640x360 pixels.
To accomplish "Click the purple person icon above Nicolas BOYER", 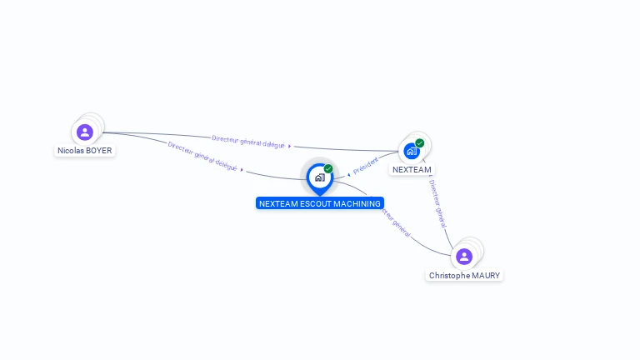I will point(84,132).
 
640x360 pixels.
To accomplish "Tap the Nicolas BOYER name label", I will point(84,151).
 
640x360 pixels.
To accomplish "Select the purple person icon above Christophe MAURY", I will point(464,256).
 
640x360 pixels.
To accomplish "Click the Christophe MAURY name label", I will point(465,275).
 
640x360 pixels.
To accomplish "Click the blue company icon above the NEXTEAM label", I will point(411,151).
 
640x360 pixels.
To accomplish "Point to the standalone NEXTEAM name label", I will point(412,169).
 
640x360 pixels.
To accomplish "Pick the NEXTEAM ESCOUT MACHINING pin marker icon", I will point(319,177).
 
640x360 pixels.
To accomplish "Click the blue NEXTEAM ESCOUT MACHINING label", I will point(320,203).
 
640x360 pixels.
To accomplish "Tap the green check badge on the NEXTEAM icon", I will point(420,143).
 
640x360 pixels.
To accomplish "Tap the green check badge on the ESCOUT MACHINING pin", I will point(328,168).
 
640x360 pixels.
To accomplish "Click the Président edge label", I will point(366,165).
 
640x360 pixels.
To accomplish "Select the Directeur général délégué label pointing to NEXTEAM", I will point(248,142).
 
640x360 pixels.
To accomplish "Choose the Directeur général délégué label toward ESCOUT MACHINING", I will point(202,157).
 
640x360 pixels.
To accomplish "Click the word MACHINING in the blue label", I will point(354,203).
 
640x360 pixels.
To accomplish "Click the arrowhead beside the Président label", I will point(348,175).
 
